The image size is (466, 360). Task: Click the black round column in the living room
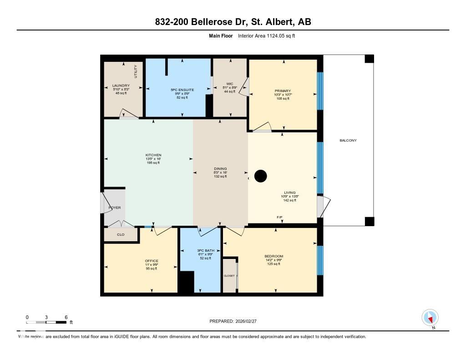[260, 176]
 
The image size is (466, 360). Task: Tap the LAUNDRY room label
[121, 86]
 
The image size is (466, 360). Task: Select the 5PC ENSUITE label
[182, 90]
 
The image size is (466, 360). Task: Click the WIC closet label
[229, 84]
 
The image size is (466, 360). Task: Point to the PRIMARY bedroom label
[283, 91]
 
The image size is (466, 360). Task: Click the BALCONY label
[348, 140]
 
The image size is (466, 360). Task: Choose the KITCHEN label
[153, 155]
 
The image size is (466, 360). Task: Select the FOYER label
[114, 208]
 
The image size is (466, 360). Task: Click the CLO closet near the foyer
[121, 235]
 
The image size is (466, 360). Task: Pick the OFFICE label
[152, 261]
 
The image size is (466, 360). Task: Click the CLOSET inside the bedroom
[229, 276]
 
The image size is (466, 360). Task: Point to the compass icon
[430, 317]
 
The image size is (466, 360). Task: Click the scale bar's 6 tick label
[66, 317]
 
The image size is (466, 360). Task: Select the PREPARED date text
[236, 321]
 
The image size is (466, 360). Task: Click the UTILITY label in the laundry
[135, 71]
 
